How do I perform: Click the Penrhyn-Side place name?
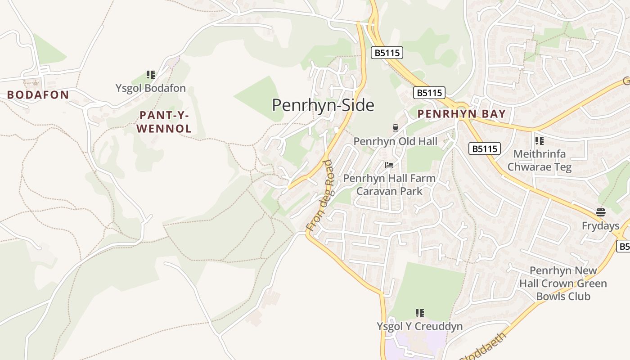click(323, 105)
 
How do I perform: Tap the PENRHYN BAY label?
click(461, 114)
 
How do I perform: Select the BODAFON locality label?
click(38, 95)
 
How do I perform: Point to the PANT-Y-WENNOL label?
click(164, 122)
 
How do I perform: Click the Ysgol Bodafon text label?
click(150, 88)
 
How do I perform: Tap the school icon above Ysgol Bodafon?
click(150, 75)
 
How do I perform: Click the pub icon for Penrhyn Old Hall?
click(395, 128)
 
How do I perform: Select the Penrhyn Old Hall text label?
click(395, 141)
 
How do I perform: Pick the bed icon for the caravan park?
click(389, 165)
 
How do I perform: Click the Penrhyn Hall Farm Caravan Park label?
click(389, 184)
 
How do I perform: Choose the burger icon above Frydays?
click(600, 212)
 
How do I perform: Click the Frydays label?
click(600, 225)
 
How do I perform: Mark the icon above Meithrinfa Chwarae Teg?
click(540, 140)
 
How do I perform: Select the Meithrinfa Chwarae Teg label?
click(540, 160)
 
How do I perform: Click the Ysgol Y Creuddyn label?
click(419, 326)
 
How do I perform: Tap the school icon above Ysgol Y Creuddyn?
click(419, 313)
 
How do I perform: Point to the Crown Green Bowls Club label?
click(563, 283)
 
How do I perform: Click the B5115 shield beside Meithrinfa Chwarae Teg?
click(485, 148)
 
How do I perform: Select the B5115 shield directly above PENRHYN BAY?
click(429, 93)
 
